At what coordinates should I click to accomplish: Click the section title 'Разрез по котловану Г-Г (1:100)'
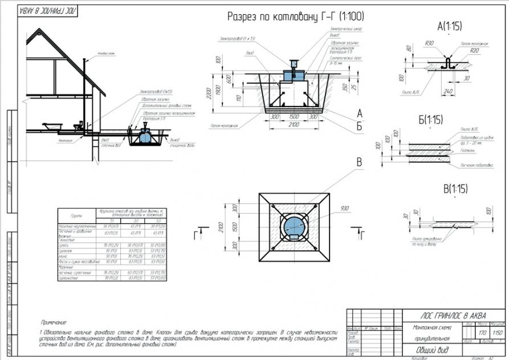coord(295,17)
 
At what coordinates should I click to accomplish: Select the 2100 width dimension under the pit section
coord(294,124)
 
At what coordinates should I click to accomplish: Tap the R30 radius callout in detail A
coord(429,43)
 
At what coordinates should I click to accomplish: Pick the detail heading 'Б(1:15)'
coord(430,120)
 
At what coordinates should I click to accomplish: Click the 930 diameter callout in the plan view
coord(344,208)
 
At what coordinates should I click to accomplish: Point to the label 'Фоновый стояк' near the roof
coord(107,54)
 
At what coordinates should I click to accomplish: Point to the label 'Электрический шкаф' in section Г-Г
coord(346,28)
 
